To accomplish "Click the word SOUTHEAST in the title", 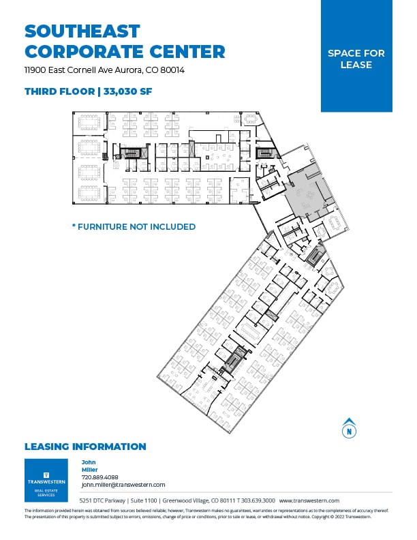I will [x=82, y=31].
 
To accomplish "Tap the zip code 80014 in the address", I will [x=172, y=70].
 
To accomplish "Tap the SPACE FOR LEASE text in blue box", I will [x=356, y=59].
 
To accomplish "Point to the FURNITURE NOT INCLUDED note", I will [x=134, y=226].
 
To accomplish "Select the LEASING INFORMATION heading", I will [x=85, y=447].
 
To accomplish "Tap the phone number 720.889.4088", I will [x=99, y=477].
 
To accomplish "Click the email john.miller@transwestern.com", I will [x=123, y=485].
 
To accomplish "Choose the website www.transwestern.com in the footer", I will [x=309, y=500].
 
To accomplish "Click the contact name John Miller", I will [x=89, y=466].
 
